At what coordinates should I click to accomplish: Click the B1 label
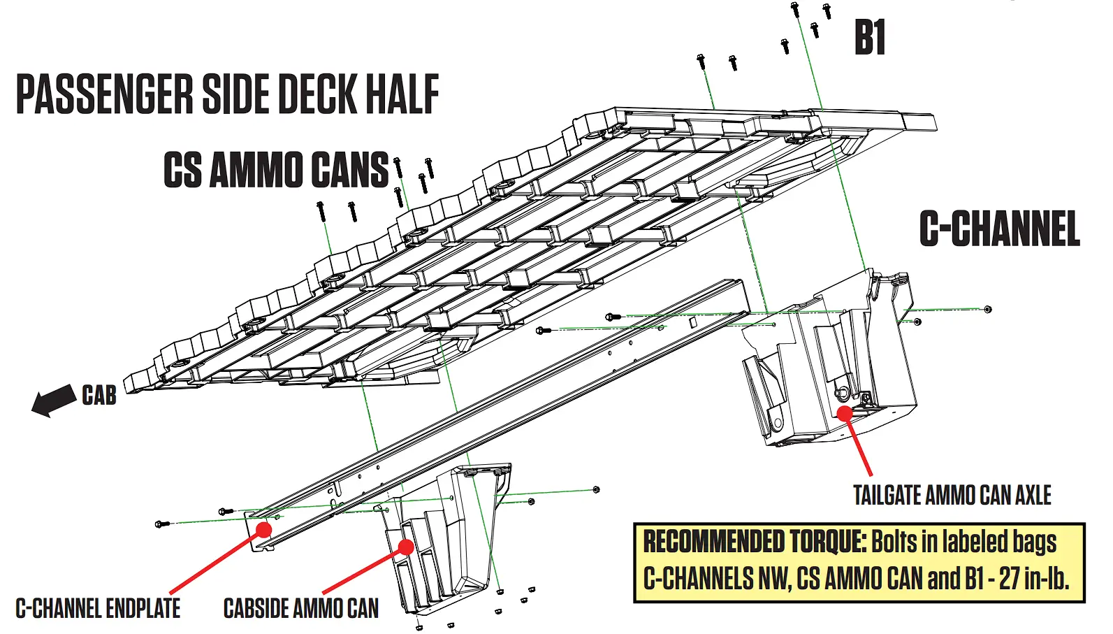(870, 38)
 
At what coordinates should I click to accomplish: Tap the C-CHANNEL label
(999, 229)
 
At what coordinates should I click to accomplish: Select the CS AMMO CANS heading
(276, 170)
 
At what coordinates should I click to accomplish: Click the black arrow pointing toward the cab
(54, 401)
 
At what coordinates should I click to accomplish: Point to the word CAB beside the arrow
(99, 396)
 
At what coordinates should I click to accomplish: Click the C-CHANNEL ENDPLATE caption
(98, 609)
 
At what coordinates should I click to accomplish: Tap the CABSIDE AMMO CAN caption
(301, 609)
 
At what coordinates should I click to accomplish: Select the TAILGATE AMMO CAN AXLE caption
(952, 496)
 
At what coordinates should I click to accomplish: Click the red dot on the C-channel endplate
(263, 530)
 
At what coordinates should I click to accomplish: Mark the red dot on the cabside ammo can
(405, 546)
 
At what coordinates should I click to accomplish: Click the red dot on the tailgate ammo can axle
(845, 413)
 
